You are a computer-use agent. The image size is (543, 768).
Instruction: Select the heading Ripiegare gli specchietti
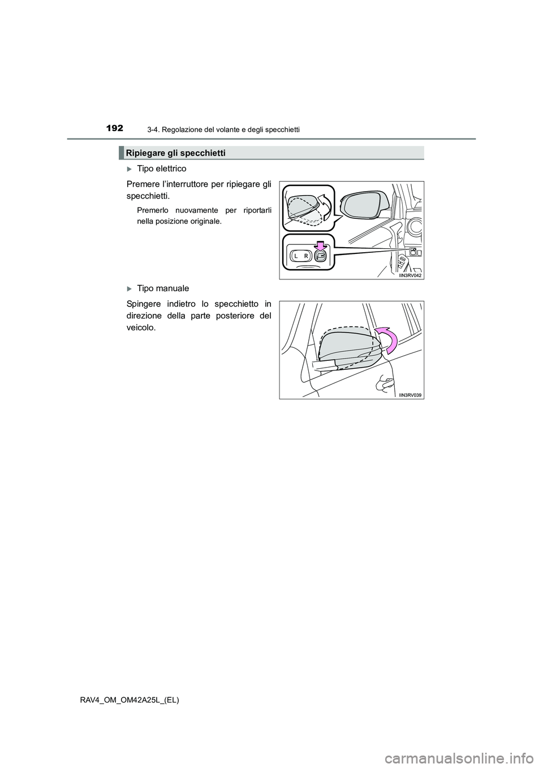176,153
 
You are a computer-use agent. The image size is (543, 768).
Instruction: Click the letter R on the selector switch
305,256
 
